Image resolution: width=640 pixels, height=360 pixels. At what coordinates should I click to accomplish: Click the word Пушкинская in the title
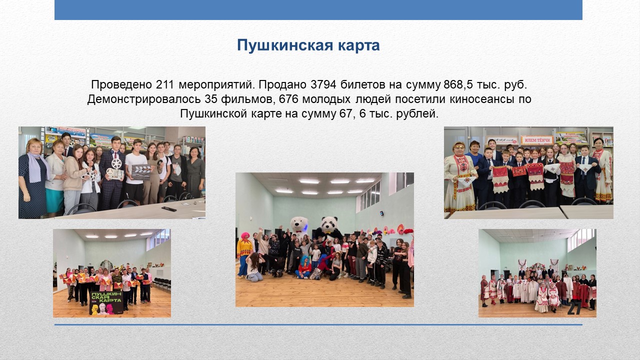click(285, 45)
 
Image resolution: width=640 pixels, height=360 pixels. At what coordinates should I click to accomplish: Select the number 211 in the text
click(165, 84)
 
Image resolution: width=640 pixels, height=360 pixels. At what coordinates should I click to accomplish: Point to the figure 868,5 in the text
click(456, 85)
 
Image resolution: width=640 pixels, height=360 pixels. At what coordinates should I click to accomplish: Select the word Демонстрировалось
click(143, 99)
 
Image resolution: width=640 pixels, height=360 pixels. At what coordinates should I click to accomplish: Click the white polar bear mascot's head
click(299, 224)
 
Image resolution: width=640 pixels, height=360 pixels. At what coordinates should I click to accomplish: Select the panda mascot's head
click(329, 224)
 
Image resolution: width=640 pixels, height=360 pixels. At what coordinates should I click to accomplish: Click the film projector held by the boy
click(115, 170)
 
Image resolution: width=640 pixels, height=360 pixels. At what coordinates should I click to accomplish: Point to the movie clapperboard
click(141, 172)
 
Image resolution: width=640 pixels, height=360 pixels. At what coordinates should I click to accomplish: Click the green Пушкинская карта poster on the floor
click(106, 303)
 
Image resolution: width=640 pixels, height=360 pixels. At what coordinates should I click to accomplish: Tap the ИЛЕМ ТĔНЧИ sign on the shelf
click(537, 140)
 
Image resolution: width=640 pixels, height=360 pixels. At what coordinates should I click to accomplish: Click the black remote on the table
click(169, 209)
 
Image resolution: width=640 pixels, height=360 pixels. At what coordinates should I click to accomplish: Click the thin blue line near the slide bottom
click(318, 325)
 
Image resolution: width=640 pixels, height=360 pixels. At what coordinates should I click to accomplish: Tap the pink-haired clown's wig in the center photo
click(245, 235)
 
